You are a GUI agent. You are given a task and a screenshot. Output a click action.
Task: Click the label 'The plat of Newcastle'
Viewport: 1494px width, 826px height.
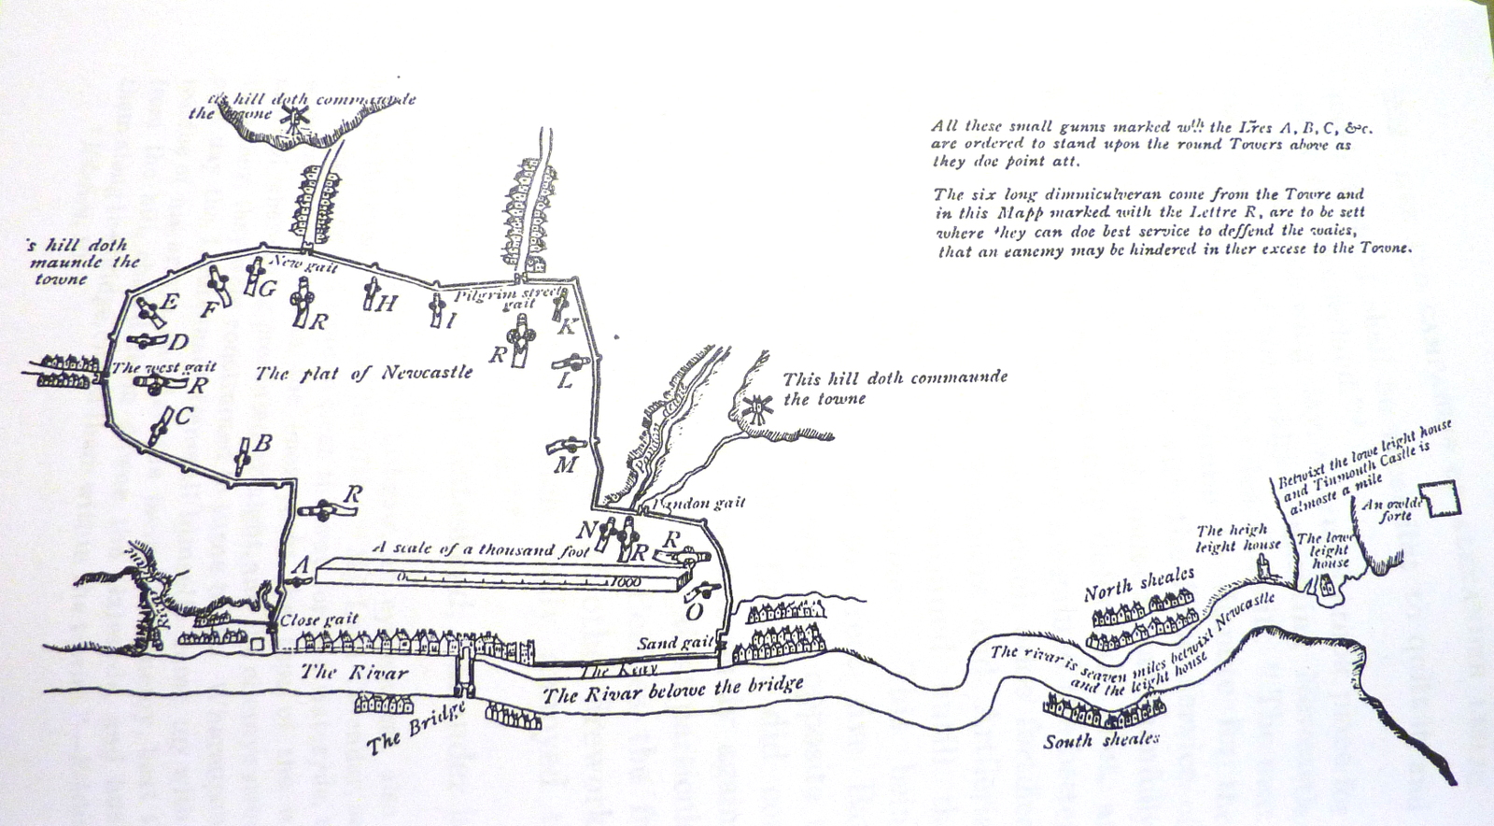364,374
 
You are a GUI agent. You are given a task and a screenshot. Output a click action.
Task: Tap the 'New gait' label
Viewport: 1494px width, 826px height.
303,266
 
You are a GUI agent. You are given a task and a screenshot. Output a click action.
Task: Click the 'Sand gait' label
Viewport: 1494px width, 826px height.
675,644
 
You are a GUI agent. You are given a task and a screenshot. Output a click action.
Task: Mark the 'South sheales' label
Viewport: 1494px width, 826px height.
1101,740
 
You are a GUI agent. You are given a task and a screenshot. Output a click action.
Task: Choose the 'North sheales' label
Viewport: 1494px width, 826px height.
1138,584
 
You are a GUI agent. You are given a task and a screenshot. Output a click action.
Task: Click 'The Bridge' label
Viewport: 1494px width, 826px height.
416,729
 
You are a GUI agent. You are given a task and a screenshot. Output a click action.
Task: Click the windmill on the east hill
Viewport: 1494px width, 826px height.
757,408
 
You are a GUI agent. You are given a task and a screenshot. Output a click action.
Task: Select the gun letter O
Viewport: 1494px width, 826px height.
693,612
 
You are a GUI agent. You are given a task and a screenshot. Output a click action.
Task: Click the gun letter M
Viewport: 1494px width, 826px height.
565,464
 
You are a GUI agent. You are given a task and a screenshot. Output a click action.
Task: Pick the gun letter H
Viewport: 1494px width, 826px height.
387,303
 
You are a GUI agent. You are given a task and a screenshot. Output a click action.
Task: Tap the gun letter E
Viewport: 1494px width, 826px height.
169,302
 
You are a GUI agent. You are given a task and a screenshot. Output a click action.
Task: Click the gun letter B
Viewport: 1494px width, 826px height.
263,443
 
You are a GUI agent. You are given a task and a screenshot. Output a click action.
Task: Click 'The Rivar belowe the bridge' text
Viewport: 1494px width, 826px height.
672,691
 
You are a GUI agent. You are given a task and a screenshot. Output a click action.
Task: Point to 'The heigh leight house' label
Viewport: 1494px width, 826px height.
1238,537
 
